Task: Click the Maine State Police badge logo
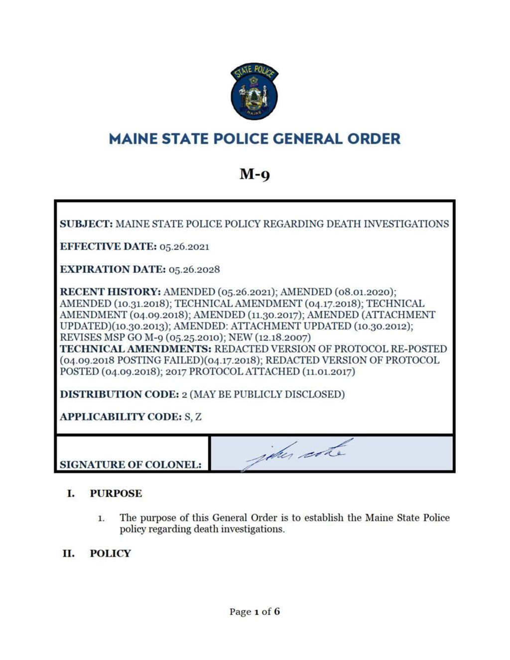click(x=255, y=91)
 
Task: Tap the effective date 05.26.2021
click(x=184, y=247)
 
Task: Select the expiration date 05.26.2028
click(x=194, y=269)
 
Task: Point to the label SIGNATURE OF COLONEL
click(x=130, y=465)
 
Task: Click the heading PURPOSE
click(x=116, y=494)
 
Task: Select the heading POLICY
click(x=110, y=553)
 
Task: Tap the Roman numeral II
click(x=68, y=553)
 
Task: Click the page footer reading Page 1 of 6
click(x=255, y=611)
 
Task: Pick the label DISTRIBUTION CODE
click(x=119, y=395)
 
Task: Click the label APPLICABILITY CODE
click(x=121, y=417)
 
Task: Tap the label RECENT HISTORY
click(x=110, y=292)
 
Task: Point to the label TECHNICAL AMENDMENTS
click(x=136, y=349)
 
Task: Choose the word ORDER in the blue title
click(x=374, y=138)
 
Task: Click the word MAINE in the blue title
click(x=133, y=138)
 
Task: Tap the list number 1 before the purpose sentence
click(x=101, y=519)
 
